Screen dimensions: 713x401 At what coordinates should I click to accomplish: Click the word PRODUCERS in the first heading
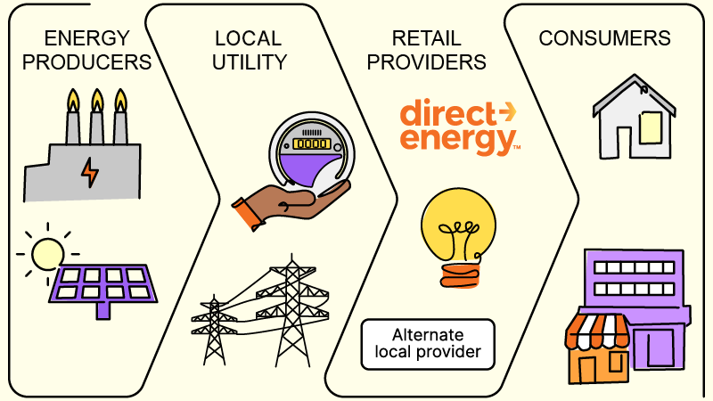[86, 61]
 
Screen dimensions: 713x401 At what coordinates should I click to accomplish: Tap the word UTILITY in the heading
[250, 61]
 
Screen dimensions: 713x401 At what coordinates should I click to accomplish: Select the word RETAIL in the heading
[426, 38]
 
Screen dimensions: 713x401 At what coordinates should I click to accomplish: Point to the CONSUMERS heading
[604, 38]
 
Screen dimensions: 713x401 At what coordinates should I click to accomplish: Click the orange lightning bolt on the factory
[90, 173]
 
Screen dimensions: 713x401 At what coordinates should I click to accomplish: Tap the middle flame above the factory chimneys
[97, 100]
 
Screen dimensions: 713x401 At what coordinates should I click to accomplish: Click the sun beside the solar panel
[47, 253]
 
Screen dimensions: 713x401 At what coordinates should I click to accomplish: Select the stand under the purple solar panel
[103, 310]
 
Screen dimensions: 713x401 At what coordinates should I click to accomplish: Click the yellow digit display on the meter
[311, 143]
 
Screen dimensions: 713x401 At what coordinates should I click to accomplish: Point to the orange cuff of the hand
[249, 214]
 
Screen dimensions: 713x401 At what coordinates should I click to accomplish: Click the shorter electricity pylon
[214, 331]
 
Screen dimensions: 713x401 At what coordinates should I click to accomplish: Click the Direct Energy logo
[459, 127]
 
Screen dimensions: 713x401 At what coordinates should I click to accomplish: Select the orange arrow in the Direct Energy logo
[507, 111]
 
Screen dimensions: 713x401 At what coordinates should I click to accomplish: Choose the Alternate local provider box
[428, 344]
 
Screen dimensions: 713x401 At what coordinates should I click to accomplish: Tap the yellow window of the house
[651, 127]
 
